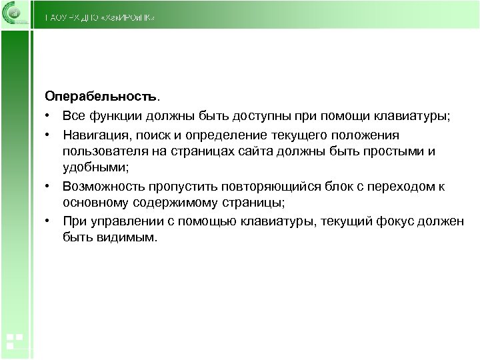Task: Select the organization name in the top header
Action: click(100, 17)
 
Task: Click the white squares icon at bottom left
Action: click(15, 341)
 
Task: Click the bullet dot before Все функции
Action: click(49, 117)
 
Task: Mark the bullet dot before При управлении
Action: click(49, 221)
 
